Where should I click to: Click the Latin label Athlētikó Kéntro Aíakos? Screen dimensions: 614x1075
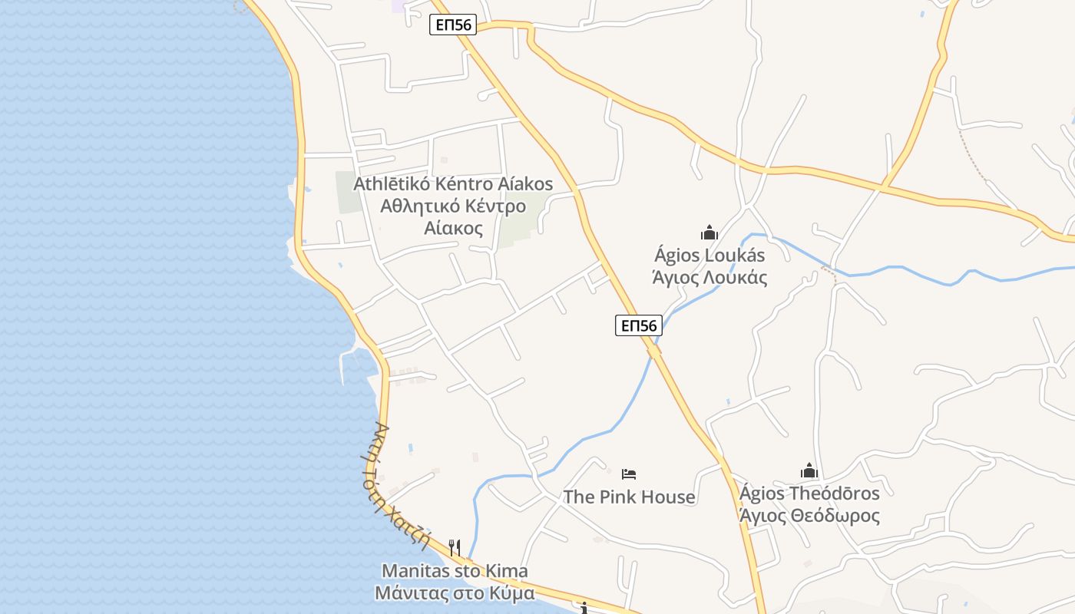[x=453, y=184]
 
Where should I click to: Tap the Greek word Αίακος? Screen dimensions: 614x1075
[x=453, y=228]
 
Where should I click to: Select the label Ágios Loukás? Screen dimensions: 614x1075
[x=709, y=255]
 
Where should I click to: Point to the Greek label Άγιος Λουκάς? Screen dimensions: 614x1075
[x=709, y=277]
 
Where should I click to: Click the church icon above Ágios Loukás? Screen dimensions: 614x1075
[x=709, y=233]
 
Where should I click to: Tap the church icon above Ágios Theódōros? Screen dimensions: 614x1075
[x=809, y=470]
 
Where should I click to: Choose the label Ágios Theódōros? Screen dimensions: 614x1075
[x=809, y=493]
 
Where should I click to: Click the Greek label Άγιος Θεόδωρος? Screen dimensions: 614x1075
[x=809, y=515]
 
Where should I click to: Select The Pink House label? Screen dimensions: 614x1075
[x=629, y=497]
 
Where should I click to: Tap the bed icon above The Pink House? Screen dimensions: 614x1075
[x=629, y=474]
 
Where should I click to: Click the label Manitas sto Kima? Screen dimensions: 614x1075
[x=455, y=571]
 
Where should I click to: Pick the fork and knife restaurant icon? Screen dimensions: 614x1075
[x=455, y=547]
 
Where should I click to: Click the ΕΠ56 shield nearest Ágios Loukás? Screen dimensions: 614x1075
[x=638, y=325]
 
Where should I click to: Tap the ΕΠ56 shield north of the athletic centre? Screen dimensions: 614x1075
[x=452, y=25]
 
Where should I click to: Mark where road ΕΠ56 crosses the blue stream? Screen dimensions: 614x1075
[x=654, y=350]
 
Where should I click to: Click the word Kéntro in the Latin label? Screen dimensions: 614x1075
[x=468, y=184]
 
